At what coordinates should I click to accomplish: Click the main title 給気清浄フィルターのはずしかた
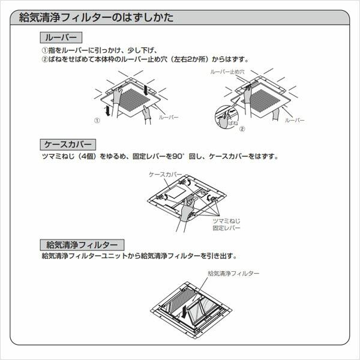pos(97,17)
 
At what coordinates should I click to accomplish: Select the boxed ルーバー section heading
pos(58,38)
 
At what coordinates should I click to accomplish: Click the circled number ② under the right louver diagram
pos(242,128)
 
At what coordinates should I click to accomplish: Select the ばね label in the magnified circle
pos(233,121)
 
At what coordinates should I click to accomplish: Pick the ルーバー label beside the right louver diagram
pos(295,121)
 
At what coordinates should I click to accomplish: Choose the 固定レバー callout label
pos(226,229)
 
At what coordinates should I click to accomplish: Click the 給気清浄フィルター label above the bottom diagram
pos(233,273)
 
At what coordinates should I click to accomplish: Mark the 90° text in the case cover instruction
pos(179,157)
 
